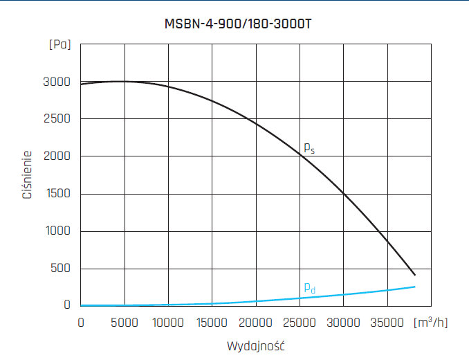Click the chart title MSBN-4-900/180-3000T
(234, 24)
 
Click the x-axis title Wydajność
(256, 345)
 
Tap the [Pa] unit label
(59, 45)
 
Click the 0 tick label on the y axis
(67, 305)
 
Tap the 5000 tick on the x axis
(125, 323)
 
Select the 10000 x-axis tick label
(168, 323)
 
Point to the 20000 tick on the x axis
(256, 323)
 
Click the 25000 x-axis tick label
(300, 323)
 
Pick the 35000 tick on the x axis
(387, 323)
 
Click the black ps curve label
(309, 147)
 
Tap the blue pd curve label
(309, 287)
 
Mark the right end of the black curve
(414, 275)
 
